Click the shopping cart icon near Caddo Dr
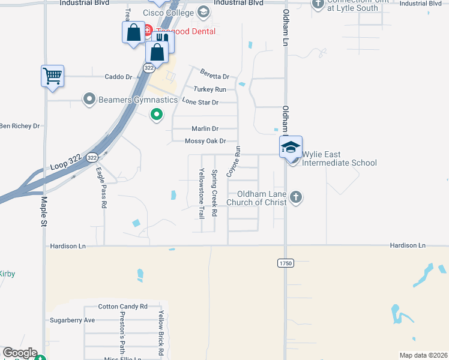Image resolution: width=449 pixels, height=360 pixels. click(53, 76)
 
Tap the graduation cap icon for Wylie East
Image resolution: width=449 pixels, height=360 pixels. click(291, 147)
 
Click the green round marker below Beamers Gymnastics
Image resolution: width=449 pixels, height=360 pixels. click(157, 113)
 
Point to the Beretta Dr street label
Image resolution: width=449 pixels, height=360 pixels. click(215, 76)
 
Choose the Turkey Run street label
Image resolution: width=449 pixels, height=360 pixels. click(214, 89)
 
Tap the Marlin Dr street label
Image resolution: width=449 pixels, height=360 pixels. click(205, 128)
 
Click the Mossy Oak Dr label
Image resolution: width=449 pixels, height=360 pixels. click(205, 141)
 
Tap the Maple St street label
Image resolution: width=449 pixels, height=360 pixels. click(44, 210)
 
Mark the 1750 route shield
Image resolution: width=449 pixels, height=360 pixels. click(285, 263)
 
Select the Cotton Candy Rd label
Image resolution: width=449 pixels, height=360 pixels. click(122, 306)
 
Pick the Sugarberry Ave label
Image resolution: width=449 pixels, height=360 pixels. click(73, 320)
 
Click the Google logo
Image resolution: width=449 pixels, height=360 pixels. click(20, 353)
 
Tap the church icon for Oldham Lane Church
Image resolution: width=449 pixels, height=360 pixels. click(295, 197)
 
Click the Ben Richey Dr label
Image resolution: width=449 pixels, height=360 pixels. click(19, 126)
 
